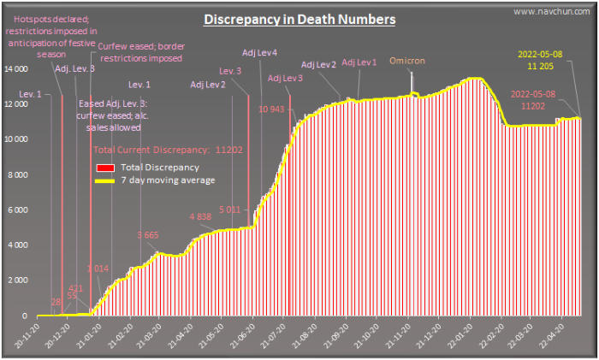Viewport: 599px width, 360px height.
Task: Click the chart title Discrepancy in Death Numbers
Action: coord(299,19)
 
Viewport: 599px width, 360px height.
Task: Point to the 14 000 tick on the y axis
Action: coord(17,68)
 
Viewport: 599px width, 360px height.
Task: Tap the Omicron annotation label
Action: coord(406,62)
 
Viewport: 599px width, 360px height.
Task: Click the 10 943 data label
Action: coord(271,109)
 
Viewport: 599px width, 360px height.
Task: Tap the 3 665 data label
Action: coord(148,234)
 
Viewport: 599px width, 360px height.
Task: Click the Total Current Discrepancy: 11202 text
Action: coord(168,150)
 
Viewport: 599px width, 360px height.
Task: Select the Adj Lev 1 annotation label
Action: coord(359,62)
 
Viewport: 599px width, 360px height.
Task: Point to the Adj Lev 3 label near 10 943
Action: coord(285,78)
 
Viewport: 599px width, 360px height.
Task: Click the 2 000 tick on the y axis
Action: coord(20,280)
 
